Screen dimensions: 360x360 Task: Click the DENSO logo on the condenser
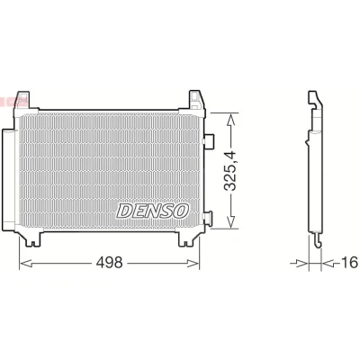tap(153, 211)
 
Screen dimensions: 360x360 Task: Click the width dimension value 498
tap(109, 263)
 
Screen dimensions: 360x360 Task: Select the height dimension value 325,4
tap(230, 171)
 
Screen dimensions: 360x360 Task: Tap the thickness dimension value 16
tap(350, 263)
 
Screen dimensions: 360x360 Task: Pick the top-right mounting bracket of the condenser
tap(196, 100)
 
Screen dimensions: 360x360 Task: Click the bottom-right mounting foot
tap(187, 238)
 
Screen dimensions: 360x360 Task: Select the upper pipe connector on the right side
tap(208, 140)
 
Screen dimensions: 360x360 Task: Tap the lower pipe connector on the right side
tap(207, 217)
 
